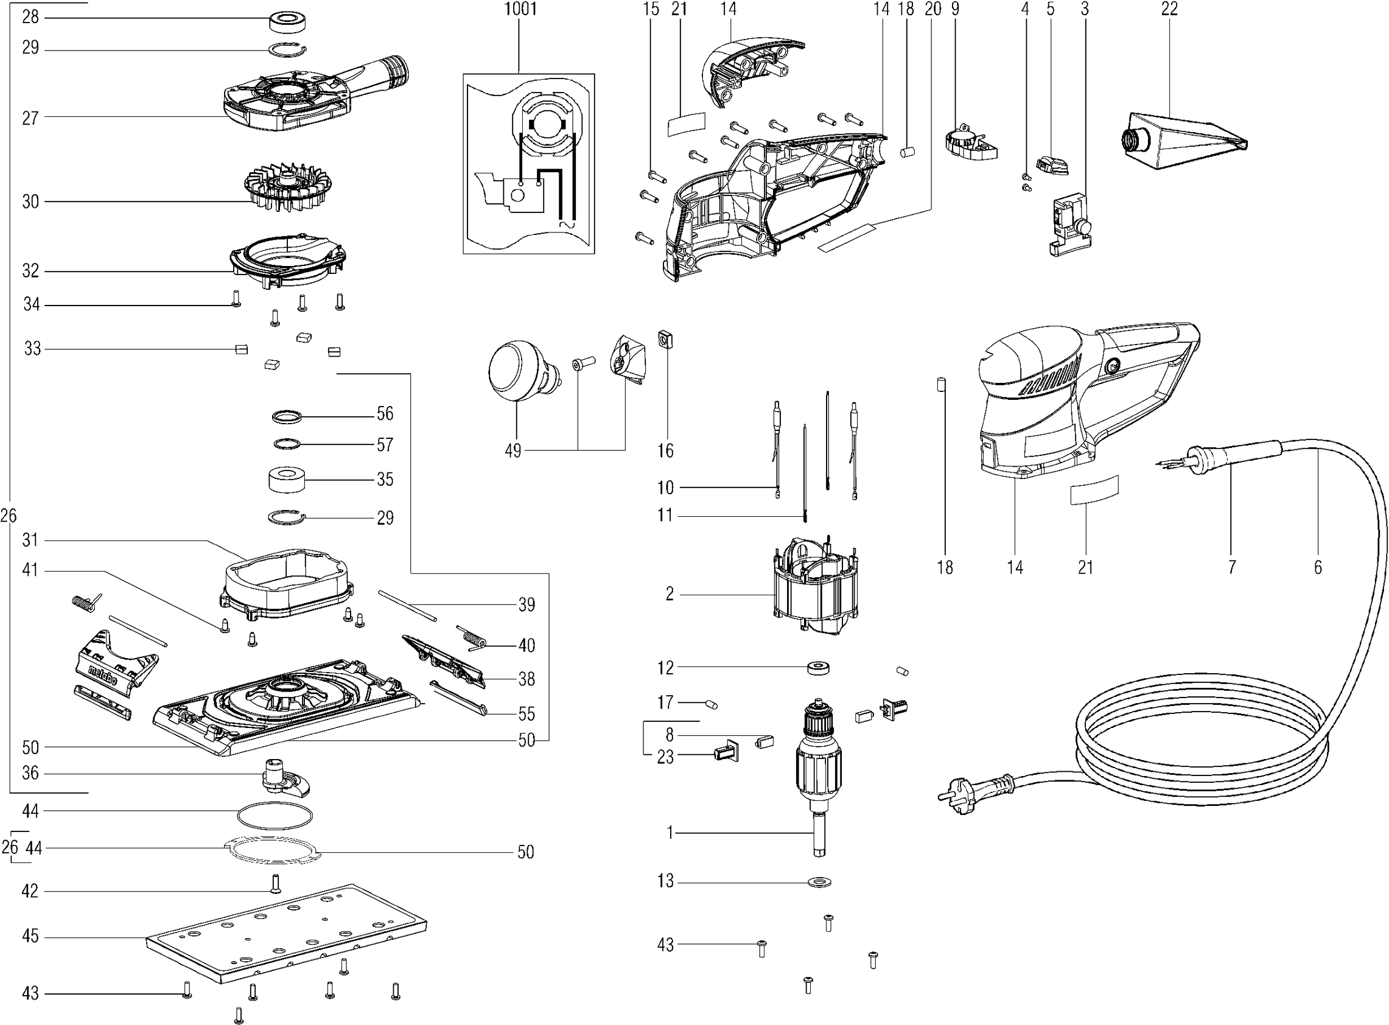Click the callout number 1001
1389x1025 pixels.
click(x=520, y=9)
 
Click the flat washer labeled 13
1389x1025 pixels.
click(x=820, y=882)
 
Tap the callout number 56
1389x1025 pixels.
click(x=385, y=413)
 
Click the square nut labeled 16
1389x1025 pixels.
click(x=667, y=340)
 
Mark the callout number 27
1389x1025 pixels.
click(x=30, y=118)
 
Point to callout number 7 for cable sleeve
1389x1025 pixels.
click(x=1231, y=567)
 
